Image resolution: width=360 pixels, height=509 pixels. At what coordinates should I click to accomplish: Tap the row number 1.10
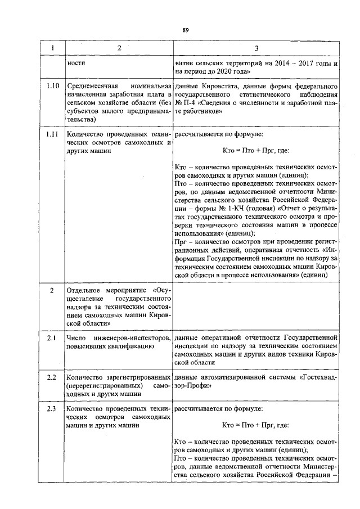pyautogui.click(x=52, y=87)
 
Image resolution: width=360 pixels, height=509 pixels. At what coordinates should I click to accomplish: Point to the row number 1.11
pyautogui.click(x=52, y=135)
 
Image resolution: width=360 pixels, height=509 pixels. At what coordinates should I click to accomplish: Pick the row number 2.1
pyautogui.click(x=52, y=337)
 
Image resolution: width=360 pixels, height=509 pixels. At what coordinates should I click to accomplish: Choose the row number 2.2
pyautogui.click(x=52, y=376)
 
